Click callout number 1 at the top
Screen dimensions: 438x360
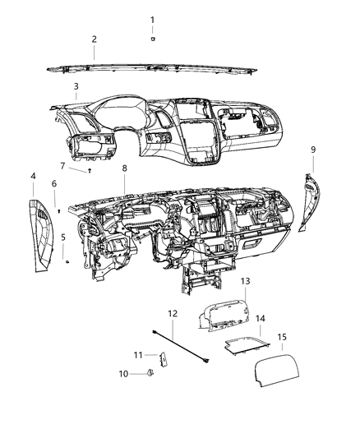tap(152, 19)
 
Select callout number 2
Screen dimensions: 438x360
tap(95, 39)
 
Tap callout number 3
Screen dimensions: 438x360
tap(76, 85)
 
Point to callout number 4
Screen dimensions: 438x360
tap(33, 176)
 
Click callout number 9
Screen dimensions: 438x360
tap(313, 149)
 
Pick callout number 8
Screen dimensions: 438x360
tap(124, 168)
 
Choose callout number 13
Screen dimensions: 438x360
tap(245, 281)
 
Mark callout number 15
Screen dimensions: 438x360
tap(281, 337)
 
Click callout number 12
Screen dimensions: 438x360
tap(173, 314)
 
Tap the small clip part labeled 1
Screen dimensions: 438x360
tap(153, 38)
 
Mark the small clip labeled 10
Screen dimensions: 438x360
tap(150, 375)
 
